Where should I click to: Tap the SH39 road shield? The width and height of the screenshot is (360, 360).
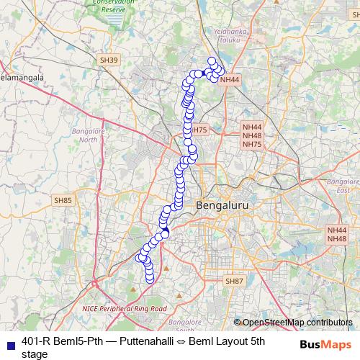click(x=109, y=60)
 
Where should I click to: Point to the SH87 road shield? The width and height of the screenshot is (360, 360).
click(x=235, y=280)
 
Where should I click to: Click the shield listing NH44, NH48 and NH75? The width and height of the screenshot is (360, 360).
click(x=252, y=135)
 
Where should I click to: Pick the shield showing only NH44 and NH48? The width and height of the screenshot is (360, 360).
click(x=337, y=234)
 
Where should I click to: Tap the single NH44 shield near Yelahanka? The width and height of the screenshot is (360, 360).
click(x=230, y=80)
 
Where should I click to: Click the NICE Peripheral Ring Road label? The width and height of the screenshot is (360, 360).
click(x=125, y=308)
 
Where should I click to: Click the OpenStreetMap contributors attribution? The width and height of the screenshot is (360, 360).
click(x=297, y=322)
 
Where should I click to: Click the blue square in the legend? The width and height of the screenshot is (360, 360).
click(x=9, y=343)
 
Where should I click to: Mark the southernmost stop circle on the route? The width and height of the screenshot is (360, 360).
click(x=150, y=279)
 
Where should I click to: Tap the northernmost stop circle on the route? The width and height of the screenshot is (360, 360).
click(x=212, y=61)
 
